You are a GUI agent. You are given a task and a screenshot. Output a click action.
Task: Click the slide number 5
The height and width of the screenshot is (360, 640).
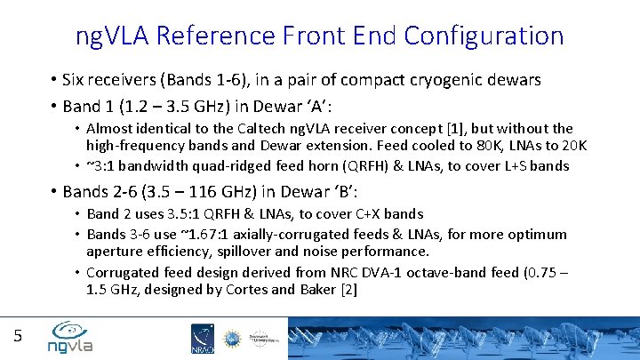coord(17,335)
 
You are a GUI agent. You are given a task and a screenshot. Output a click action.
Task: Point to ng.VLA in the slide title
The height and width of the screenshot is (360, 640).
coord(113,36)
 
